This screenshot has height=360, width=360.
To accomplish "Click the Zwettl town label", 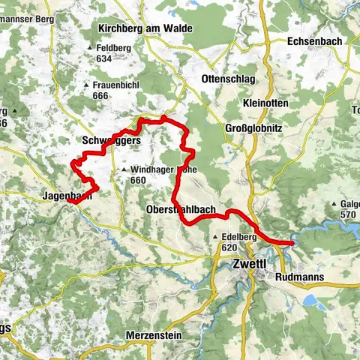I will (x=249, y=264).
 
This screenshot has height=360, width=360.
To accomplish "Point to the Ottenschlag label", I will (x=224, y=79).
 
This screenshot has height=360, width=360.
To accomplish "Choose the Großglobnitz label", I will (x=253, y=128).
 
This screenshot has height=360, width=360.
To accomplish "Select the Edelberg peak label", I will (x=240, y=236).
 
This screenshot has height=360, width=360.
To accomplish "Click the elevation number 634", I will (x=103, y=58).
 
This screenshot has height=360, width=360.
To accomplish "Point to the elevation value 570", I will (x=346, y=214).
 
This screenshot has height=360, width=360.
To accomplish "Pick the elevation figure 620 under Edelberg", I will (x=229, y=247).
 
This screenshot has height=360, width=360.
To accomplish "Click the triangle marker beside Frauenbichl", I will (x=94, y=85).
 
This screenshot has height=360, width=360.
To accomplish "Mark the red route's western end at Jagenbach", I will (x=69, y=201).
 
